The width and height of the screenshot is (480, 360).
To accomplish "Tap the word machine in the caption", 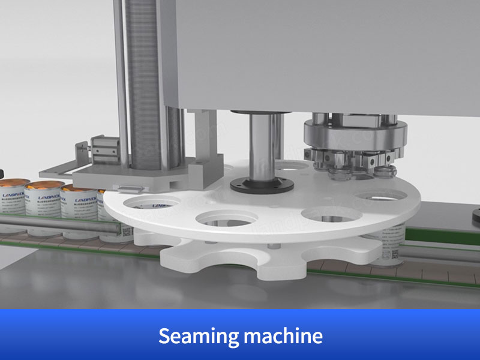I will tap(283, 337).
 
